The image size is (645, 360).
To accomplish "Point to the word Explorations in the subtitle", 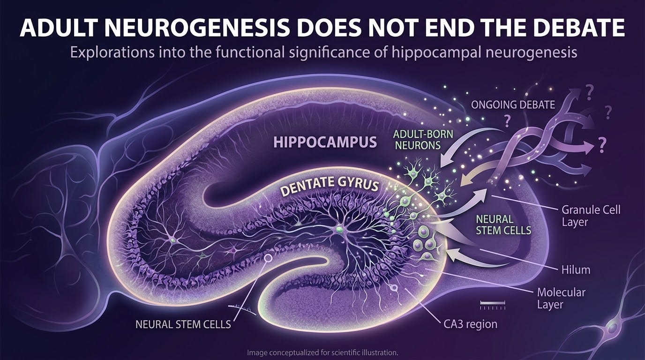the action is pyautogui.click(x=112, y=52).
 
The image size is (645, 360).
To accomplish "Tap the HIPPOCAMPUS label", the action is pyautogui.click(x=325, y=142).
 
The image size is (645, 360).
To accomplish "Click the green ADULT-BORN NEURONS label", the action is pyautogui.click(x=423, y=140).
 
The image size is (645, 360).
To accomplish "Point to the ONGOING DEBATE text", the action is pyautogui.click(x=513, y=105).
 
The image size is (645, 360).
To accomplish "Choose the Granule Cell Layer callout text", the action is pyautogui.click(x=591, y=216).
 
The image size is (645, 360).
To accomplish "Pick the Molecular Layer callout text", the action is pyautogui.click(x=561, y=299).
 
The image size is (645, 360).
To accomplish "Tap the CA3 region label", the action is pyautogui.click(x=470, y=324).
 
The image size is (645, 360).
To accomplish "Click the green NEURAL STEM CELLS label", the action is pyautogui.click(x=503, y=225).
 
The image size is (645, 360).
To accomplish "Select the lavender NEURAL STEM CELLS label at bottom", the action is pyautogui.click(x=183, y=324).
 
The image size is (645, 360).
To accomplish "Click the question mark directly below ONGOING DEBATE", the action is pyautogui.click(x=507, y=121).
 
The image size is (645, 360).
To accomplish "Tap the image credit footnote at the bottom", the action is pyautogui.click(x=322, y=352).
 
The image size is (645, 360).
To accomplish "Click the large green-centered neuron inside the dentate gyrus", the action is pyautogui.click(x=339, y=230).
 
